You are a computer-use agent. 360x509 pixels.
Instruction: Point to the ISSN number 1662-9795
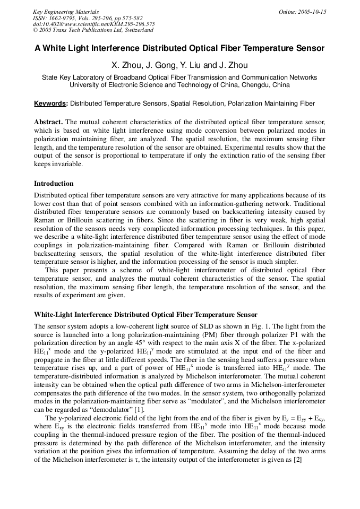[66, 18]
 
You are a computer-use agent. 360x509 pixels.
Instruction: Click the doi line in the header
[94, 24]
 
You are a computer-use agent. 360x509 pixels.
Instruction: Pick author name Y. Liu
[191, 65]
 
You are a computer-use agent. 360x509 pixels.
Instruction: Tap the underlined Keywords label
[50, 103]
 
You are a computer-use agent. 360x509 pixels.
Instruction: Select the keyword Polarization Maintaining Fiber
[271, 103]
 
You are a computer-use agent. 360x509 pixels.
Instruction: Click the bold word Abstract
[48, 122]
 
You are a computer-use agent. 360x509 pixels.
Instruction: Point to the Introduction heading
[54, 184]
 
